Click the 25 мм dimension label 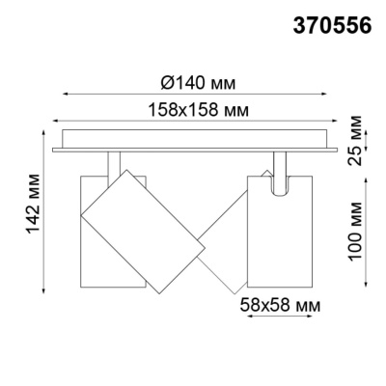(358, 137)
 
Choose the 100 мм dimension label (358, 231)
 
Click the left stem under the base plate (113, 161)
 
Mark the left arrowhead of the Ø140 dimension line (66, 94)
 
